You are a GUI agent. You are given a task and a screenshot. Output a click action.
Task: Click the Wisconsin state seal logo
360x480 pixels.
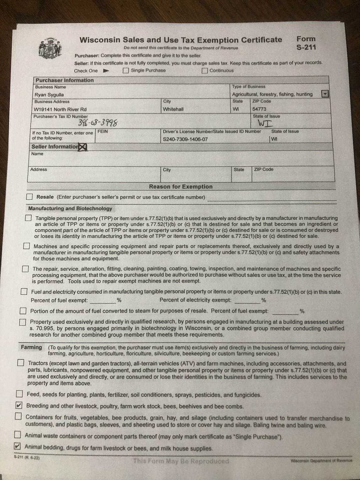point(50,48)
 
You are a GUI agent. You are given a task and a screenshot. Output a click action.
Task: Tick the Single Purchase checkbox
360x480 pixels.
point(126,70)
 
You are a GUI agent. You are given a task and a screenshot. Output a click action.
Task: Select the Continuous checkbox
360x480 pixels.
point(205,71)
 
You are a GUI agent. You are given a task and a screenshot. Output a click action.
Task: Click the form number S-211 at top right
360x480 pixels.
point(306,47)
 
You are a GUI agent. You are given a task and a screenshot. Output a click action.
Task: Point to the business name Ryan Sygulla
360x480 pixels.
point(49,95)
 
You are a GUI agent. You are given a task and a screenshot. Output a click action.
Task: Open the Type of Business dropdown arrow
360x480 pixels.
point(325,94)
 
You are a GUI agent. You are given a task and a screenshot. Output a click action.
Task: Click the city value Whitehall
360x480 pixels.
point(173,109)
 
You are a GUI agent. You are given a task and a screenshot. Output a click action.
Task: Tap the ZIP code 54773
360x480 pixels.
point(259,109)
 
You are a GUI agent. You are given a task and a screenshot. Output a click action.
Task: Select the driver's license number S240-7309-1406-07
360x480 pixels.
point(185,139)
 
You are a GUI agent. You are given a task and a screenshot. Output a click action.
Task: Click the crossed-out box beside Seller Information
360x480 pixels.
point(83,147)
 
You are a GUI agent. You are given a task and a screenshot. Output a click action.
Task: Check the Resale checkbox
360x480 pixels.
point(29,197)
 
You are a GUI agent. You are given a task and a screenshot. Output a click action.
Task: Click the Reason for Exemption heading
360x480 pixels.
point(181,187)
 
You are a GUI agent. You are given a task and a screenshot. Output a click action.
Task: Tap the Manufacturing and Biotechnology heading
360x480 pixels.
point(70,208)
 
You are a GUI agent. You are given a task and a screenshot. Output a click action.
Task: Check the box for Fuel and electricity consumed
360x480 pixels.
point(24,292)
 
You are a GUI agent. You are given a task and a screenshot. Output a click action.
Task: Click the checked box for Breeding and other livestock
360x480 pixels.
point(19,406)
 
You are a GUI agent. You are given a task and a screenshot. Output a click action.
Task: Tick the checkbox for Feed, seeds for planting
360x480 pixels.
point(19,393)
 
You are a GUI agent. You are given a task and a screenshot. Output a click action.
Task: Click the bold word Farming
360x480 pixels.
point(31,347)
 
